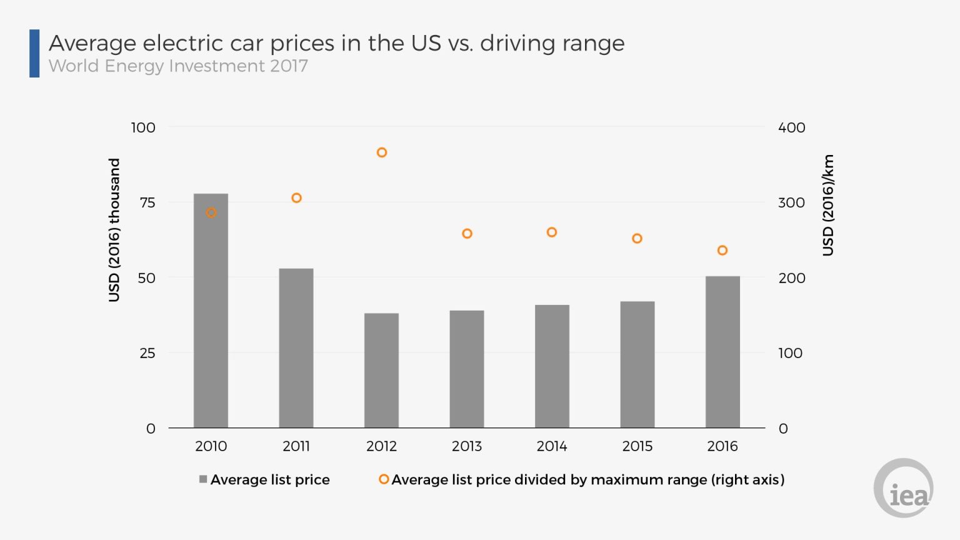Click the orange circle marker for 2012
click(x=382, y=152)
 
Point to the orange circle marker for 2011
click(x=297, y=198)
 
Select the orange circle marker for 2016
click(x=722, y=251)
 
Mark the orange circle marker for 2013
click(x=467, y=234)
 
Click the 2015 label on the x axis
click(x=637, y=446)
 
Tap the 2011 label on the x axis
click(x=296, y=446)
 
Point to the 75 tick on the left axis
click(x=147, y=202)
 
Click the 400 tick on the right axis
click(x=791, y=127)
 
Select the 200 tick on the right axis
click(x=791, y=278)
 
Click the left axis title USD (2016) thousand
click(x=114, y=229)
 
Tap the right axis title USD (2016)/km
click(x=828, y=205)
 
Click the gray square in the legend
click(x=203, y=479)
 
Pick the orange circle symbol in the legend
click(x=384, y=479)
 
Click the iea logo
click(x=904, y=488)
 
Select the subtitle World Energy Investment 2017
click(x=178, y=66)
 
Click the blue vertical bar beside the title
click(x=34, y=54)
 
